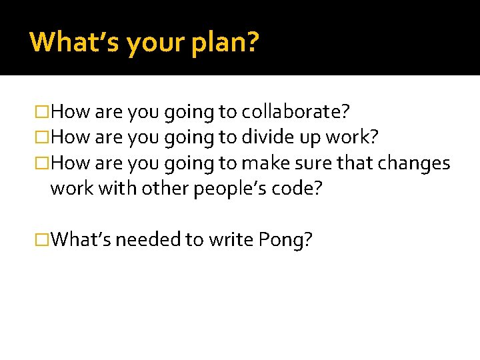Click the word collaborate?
tap(296, 111)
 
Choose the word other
tap(164, 189)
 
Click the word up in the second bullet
tap(309, 139)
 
